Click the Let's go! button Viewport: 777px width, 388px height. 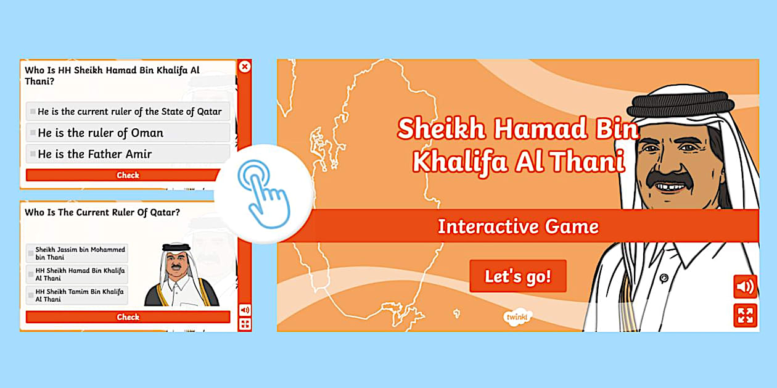point(517,276)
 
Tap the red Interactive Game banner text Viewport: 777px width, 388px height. point(517,226)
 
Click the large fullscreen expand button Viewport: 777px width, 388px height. point(745,315)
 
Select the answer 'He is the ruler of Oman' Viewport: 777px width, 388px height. point(128,133)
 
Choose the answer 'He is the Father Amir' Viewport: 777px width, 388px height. point(128,154)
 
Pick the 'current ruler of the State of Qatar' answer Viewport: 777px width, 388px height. point(128,112)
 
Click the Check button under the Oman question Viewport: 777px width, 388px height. point(128,175)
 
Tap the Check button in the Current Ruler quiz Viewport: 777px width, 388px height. point(128,317)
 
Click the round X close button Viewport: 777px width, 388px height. point(245,67)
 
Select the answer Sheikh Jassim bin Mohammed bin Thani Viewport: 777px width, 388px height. point(77,254)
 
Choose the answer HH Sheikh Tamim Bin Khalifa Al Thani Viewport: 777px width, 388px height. point(77,295)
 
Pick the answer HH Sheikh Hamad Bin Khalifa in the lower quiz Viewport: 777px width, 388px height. point(77,274)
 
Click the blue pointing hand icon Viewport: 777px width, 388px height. point(264,193)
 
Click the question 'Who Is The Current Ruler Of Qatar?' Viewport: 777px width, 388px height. point(102,212)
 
